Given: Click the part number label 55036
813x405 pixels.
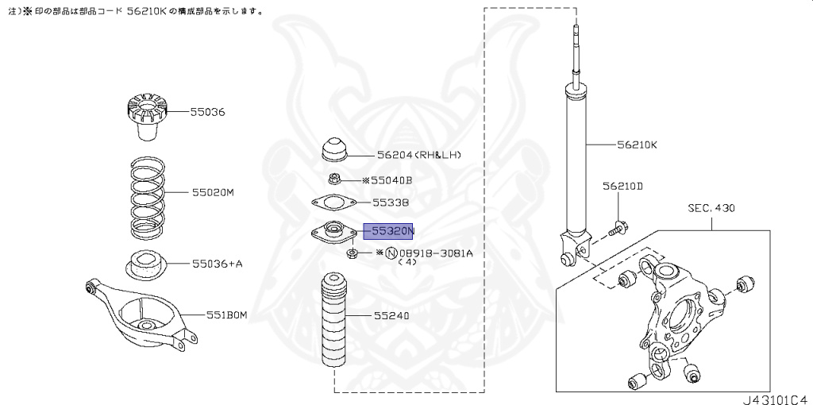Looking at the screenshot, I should pos(207,112).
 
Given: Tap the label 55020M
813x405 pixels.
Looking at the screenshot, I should pos(212,192).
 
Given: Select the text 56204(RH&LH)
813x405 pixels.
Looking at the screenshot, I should pos(419,155).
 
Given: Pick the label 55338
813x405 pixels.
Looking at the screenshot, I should pos(392,202).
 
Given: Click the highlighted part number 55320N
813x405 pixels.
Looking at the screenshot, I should pos(388,231).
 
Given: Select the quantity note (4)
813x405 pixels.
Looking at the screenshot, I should pos(407,262).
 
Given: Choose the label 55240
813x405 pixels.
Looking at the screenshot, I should pos(392,315).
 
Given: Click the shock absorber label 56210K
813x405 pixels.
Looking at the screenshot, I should pos(638,145).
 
